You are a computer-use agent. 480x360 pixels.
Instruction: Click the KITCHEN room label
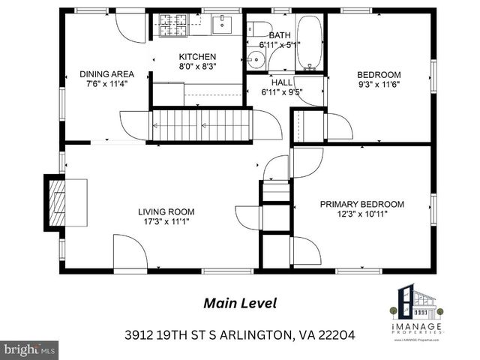[x=197, y=57]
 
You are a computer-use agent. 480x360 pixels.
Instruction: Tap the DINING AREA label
[x=107, y=74]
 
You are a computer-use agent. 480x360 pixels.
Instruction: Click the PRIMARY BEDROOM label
[x=362, y=204]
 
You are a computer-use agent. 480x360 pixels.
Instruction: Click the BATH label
[x=280, y=35]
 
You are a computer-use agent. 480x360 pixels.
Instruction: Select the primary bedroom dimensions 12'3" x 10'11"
[x=362, y=214]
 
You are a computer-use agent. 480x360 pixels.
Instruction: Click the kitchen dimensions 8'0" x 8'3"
[x=197, y=67]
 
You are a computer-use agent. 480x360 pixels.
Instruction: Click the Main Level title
[x=240, y=304]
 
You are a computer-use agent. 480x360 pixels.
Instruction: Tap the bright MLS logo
[x=29, y=349]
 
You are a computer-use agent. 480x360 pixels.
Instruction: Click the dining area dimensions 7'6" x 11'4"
[x=107, y=84]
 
